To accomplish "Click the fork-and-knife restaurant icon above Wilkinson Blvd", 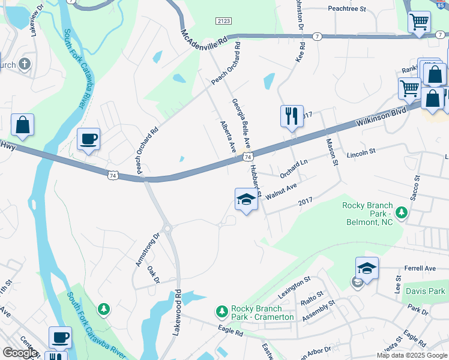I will pos(292,115).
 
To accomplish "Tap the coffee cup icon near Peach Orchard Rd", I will pos(89,140).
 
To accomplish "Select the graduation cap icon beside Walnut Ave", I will pos(246,200).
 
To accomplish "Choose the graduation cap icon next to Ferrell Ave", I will pos(367,268).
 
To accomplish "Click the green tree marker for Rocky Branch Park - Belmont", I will pos(402,213).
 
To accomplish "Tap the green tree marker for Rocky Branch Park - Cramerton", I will pos(222,311).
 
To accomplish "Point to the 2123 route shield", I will pos(223,21).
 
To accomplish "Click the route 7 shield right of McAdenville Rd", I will pos(317,37).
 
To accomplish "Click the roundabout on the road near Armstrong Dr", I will pos(167,229).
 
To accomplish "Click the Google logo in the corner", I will pos(20,353).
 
